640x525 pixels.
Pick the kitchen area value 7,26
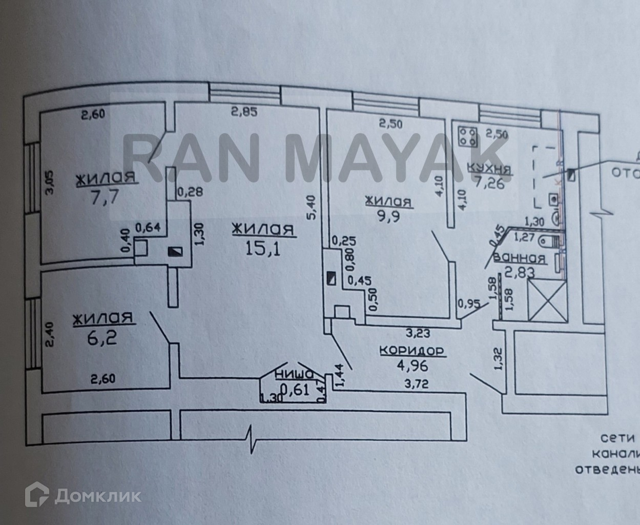click(490, 183)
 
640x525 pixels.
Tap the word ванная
click(520, 259)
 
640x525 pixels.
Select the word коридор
click(411, 351)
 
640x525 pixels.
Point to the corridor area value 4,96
click(412, 366)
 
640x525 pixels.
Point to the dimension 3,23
click(418, 334)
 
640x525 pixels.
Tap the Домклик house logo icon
click(37, 495)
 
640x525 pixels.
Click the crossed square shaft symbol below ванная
click(546, 300)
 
